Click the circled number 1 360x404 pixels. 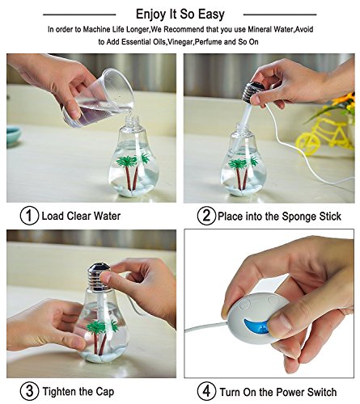29,216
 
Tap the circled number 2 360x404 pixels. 206,216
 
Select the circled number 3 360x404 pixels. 29,391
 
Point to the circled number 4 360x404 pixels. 206,391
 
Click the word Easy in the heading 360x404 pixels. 211,15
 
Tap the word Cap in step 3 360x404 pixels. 104,392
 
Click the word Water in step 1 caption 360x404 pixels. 107,216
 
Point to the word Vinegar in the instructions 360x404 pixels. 180,42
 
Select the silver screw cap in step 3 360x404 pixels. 100,277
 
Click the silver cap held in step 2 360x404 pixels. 253,93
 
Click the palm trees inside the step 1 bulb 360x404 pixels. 133,170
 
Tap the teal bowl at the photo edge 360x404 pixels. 13,136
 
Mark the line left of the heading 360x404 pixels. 79,15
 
